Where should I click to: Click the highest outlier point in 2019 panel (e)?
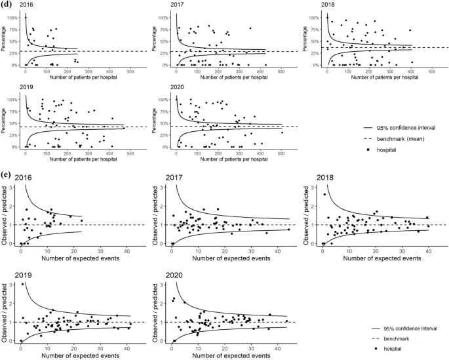[24, 284]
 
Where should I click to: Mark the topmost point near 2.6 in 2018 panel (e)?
[324, 194]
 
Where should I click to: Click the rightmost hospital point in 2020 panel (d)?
[282, 133]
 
